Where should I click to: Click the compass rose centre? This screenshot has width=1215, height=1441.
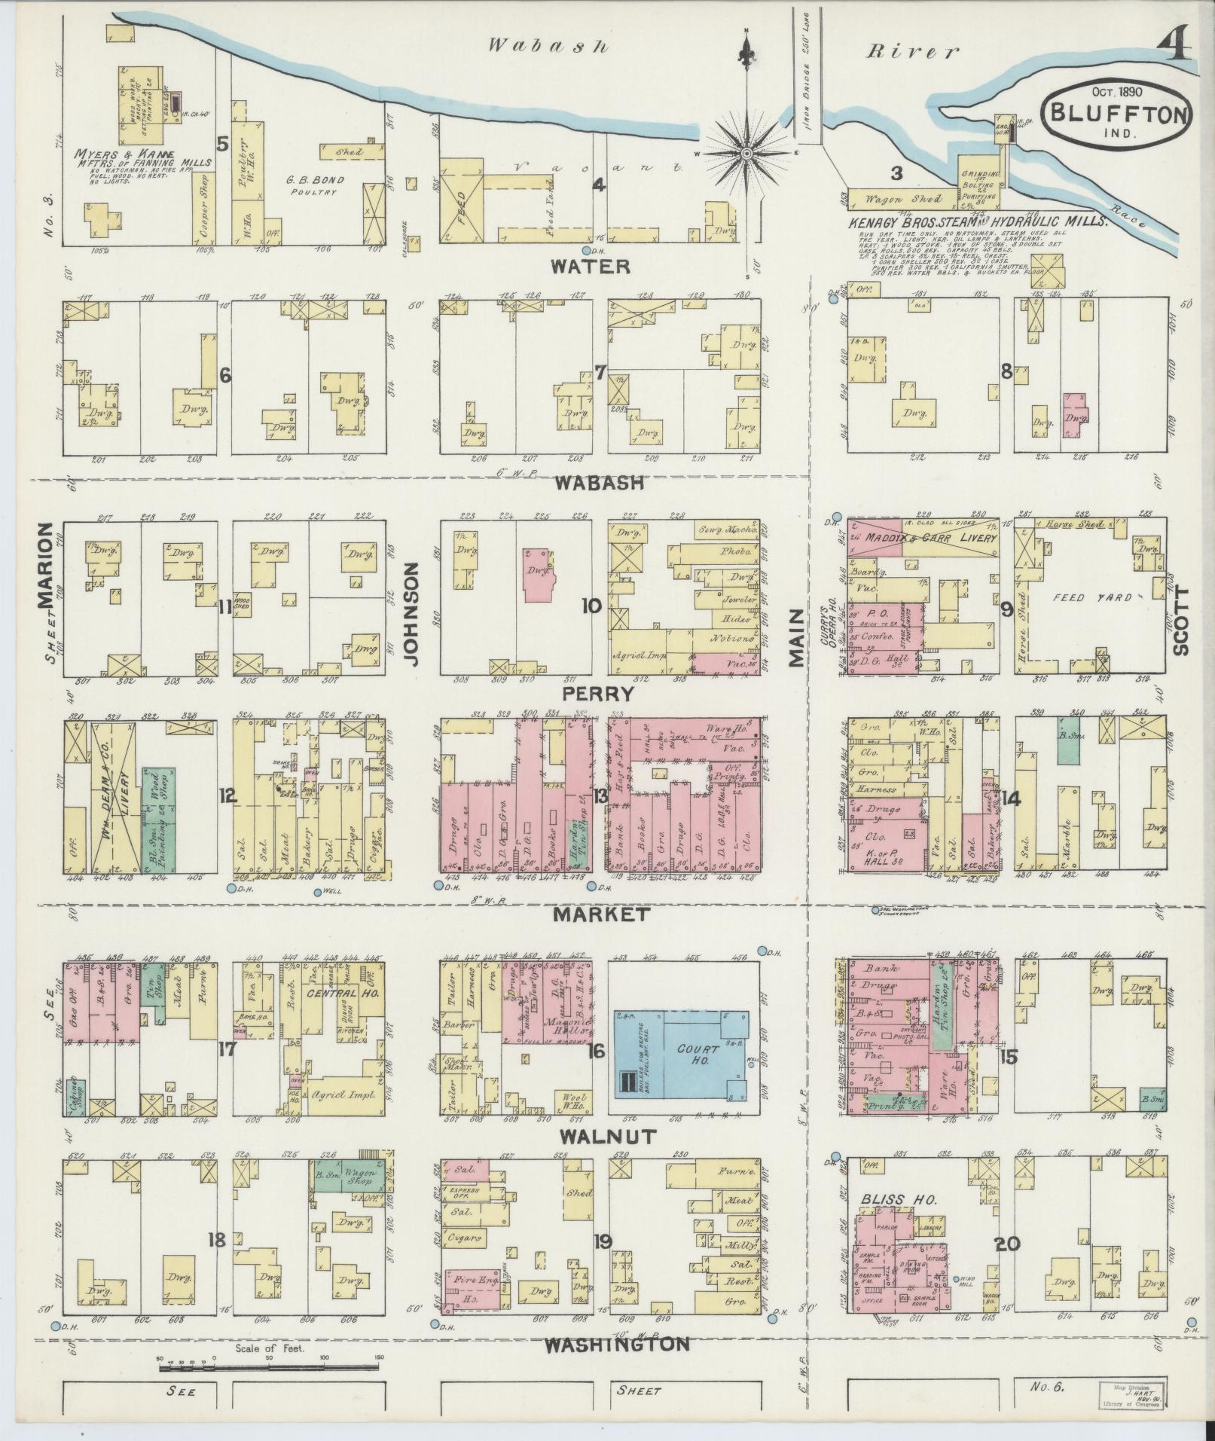[746, 153]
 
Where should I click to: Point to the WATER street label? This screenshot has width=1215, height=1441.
[591, 266]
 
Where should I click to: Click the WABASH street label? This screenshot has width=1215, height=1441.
[600, 483]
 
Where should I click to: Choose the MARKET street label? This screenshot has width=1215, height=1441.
[600, 914]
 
